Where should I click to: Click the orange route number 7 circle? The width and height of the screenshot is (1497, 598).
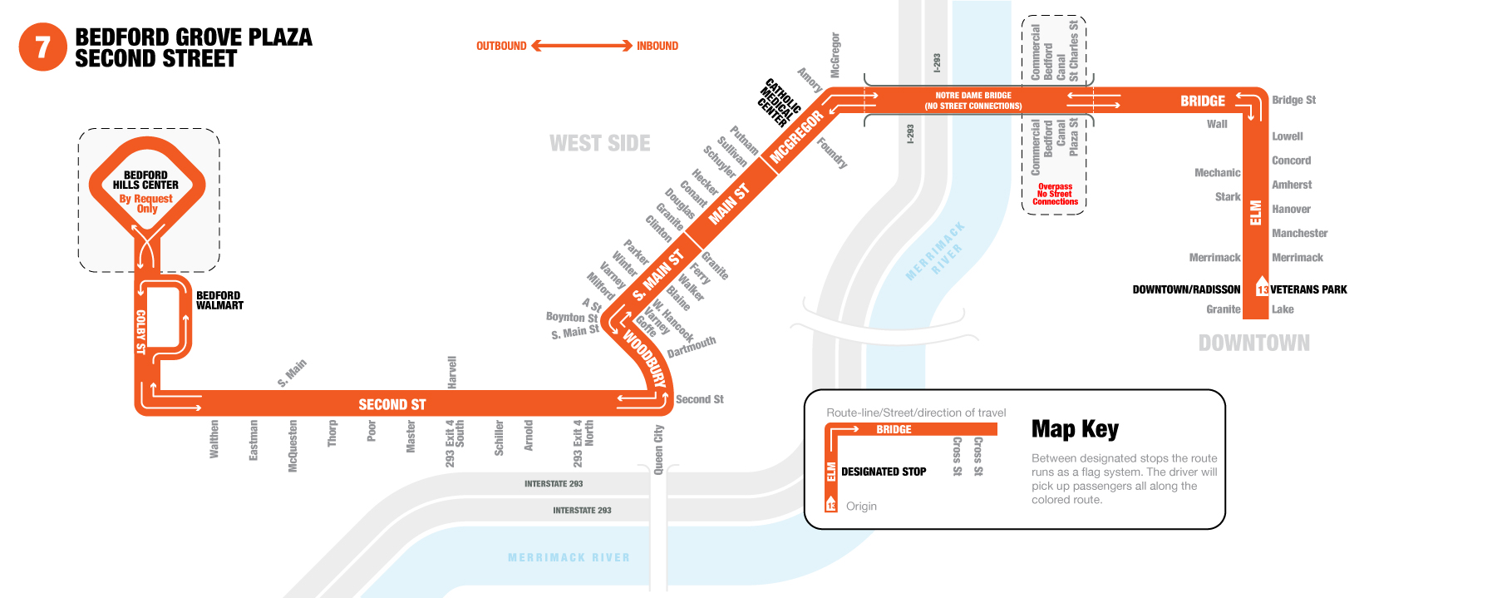pyautogui.click(x=42, y=47)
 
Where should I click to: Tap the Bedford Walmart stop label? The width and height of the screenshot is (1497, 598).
pyautogui.click(x=219, y=300)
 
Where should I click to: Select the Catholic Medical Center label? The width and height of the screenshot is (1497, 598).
pyautogui.click(x=778, y=102)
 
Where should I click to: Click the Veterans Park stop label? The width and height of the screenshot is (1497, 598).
pyautogui.click(x=1308, y=289)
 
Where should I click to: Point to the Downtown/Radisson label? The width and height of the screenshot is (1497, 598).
pyautogui.click(x=1186, y=289)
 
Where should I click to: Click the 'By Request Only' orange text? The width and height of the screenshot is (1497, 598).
pyautogui.click(x=146, y=204)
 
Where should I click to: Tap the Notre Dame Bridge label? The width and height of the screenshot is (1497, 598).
pyautogui.click(x=973, y=101)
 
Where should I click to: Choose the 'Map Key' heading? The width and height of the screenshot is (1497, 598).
pyautogui.click(x=1075, y=429)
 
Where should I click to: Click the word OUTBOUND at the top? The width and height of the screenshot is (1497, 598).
pyautogui.click(x=501, y=46)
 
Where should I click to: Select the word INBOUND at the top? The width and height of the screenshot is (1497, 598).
pyautogui.click(x=657, y=46)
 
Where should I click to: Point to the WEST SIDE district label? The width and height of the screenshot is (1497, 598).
pyautogui.click(x=600, y=143)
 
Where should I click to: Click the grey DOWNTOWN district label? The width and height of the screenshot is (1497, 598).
pyautogui.click(x=1253, y=343)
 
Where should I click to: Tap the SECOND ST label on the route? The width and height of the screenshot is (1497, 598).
pyautogui.click(x=392, y=404)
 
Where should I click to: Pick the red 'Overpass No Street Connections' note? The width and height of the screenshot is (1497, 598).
pyautogui.click(x=1055, y=194)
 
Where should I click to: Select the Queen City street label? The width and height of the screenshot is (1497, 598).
pyautogui.click(x=659, y=449)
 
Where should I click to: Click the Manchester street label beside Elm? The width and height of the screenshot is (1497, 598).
pyautogui.click(x=1299, y=234)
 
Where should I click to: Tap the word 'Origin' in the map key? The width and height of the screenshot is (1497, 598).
pyautogui.click(x=861, y=506)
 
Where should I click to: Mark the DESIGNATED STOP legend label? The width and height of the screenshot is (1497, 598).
pyautogui.click(x=884, y=472)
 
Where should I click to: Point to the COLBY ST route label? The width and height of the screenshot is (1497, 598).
pyautogui.click(x=140, y=332)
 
